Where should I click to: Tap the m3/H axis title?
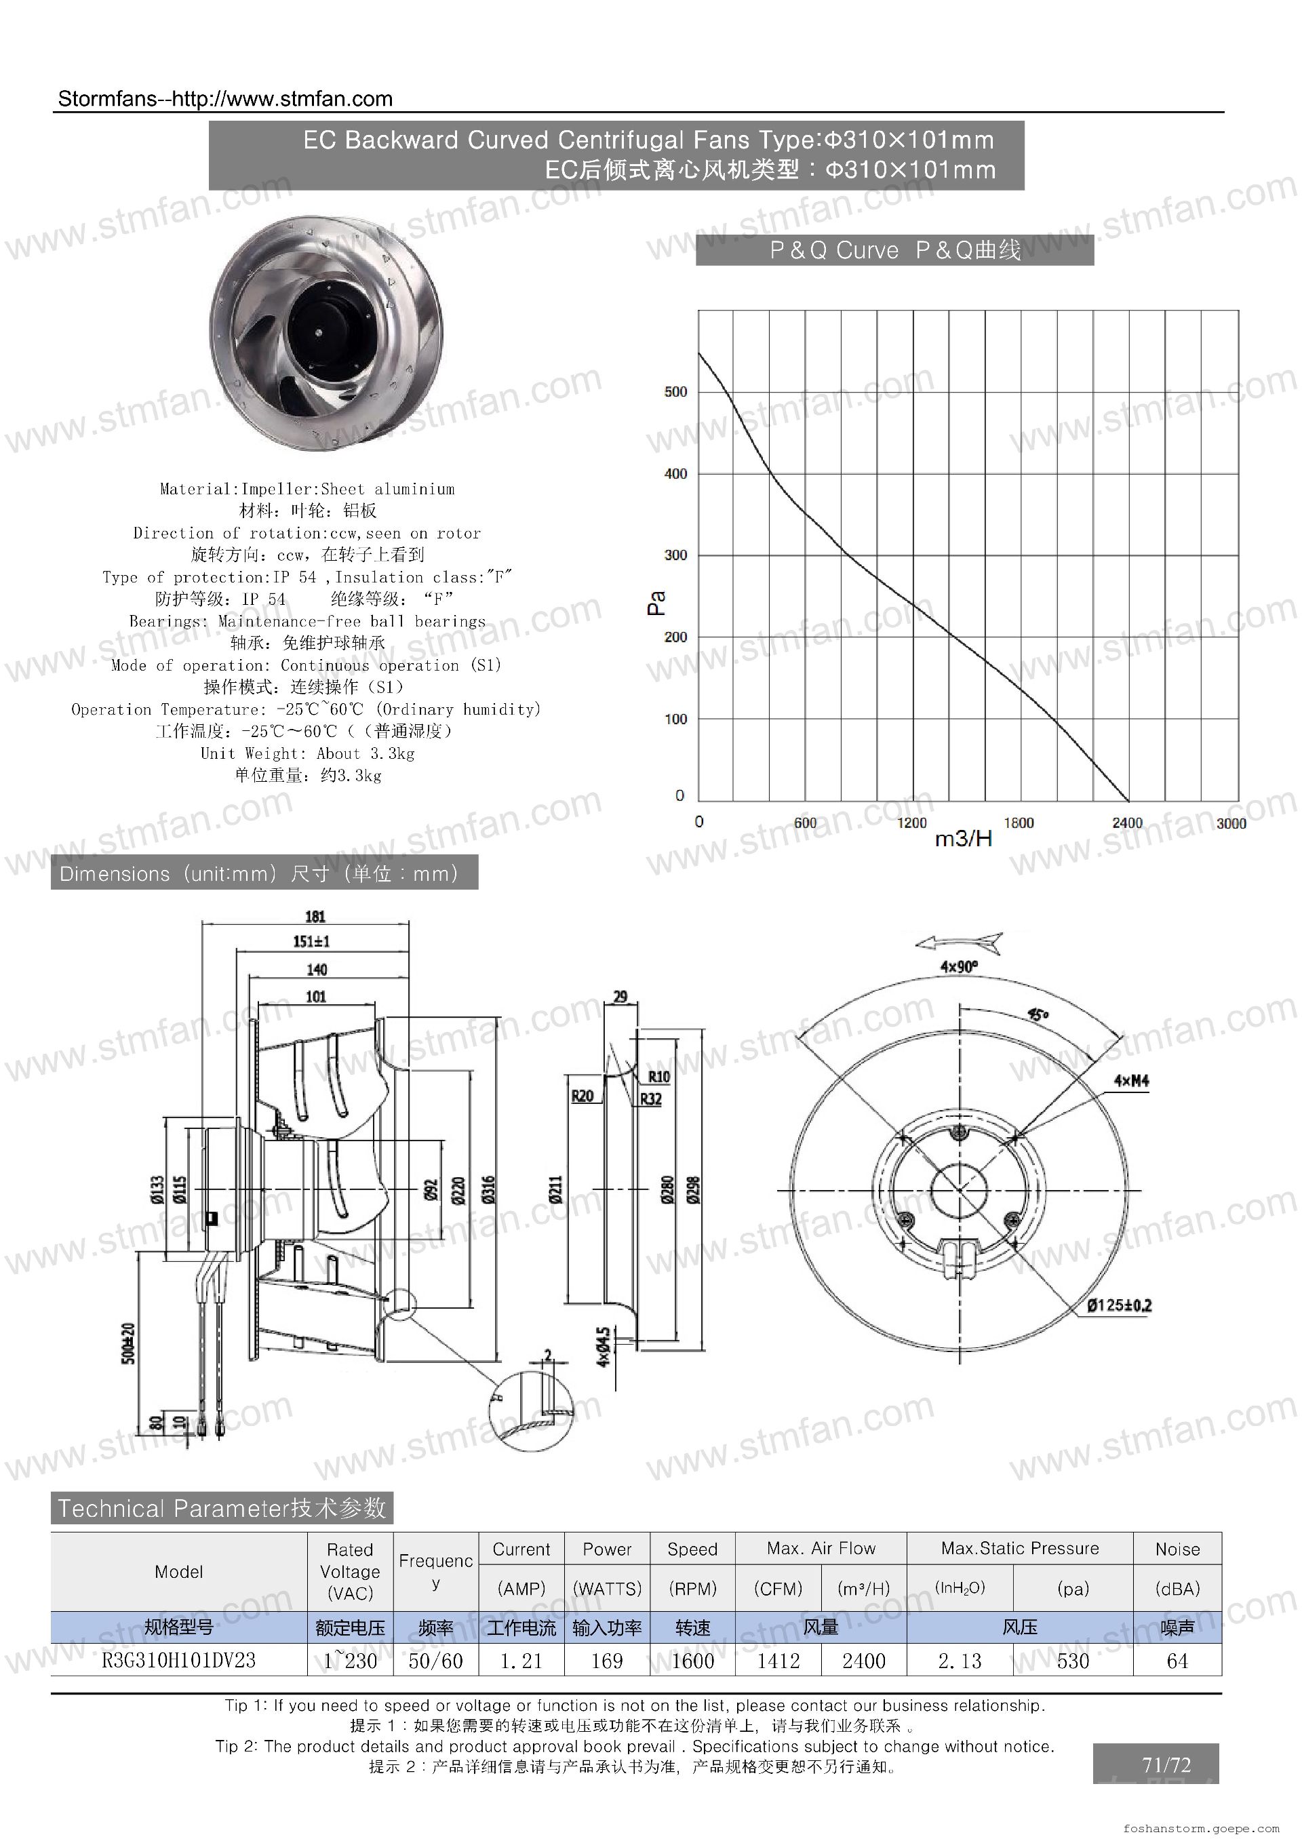point(963,839)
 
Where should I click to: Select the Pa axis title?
point(656,603)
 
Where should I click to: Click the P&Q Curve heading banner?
point(894,250)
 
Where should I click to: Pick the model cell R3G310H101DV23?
point(179,1660)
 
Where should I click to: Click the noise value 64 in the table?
point(1177,1661)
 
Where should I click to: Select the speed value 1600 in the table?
point(692,1661)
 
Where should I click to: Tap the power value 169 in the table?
point(607,1661)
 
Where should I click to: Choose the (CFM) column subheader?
point(778,1589)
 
